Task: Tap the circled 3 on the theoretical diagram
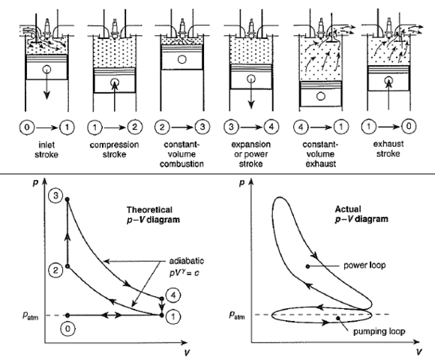(x=54, y=195)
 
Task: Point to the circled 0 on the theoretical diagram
(x=69, y=328)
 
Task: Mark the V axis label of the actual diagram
(x=416, y=349)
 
